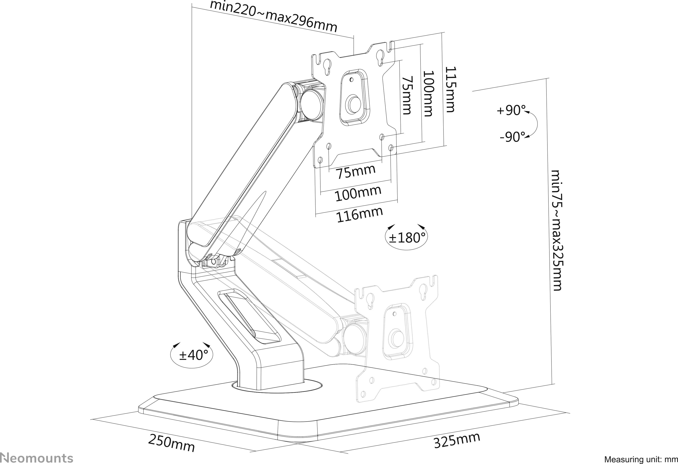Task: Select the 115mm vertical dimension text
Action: coord(450,89)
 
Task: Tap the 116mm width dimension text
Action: coord(359,214)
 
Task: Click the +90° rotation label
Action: coord(511,110)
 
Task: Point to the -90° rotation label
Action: coord(512,137)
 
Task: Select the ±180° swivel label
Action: coord(407,238)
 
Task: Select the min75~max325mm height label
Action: coord(556,230)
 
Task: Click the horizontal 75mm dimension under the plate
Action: coord(356,172)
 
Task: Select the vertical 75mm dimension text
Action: coord(407,95)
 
